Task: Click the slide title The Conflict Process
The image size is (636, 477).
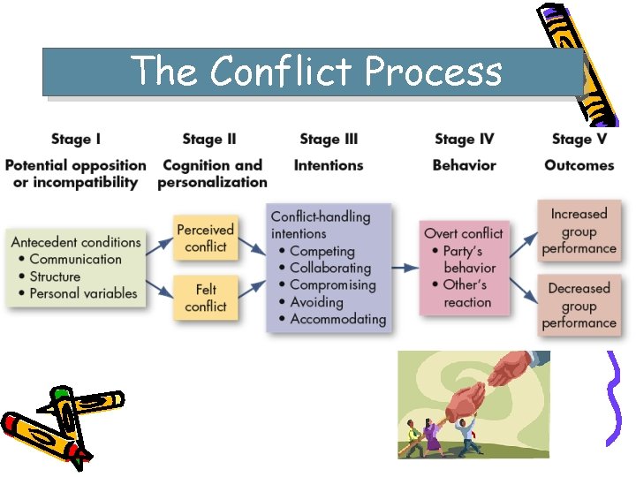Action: tap(316, 71)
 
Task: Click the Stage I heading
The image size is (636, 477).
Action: tap(76, 139)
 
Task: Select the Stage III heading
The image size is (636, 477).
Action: tap(329, 139)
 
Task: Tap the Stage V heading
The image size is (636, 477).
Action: tap(579, 139)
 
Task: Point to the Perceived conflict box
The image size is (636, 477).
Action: tap(205, 238)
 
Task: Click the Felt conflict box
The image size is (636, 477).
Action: tap(205, 298)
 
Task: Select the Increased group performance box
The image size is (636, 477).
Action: tap(579, 231)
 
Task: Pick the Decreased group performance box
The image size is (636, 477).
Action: tap(579, 306)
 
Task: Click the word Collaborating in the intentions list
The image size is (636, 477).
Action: tap(330, 268)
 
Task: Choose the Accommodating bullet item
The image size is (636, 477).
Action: tap(337, 319)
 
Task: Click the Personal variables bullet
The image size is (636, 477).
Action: tap(84, 293)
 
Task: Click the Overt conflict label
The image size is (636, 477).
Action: tap(464, 234)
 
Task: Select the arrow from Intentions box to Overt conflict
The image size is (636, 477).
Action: tap(405, 267)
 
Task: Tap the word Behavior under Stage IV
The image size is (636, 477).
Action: tap(465, 165)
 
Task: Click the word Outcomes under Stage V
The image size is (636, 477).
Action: tap(579, 165)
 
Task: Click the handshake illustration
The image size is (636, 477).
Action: tap(473, 403)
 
